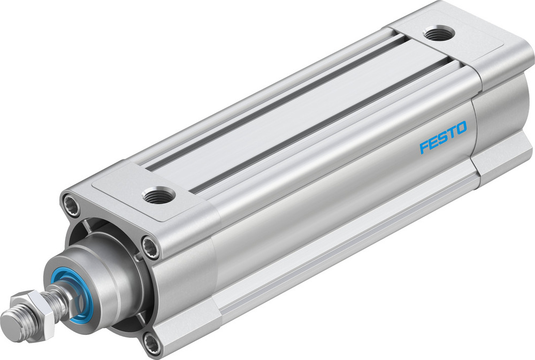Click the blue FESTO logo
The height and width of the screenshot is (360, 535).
coord(443,137)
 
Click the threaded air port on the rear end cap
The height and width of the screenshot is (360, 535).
coord(439,34)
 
